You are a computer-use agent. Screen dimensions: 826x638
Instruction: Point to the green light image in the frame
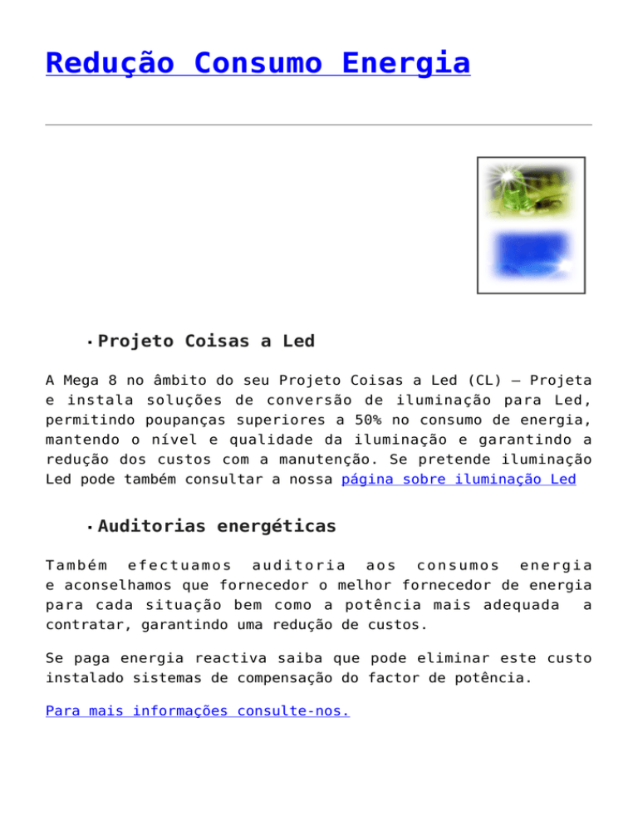pos(532,195)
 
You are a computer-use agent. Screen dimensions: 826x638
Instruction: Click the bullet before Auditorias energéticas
pos(88,528)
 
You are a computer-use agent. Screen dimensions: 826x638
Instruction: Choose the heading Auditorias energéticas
pos(217,526)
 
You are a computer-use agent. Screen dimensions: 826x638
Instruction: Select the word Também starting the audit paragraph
pos(76,564)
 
